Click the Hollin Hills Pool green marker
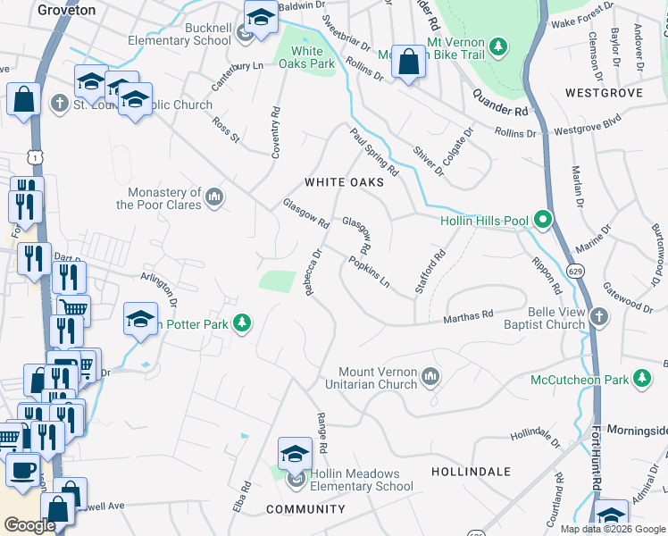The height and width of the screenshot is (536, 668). (542, 220)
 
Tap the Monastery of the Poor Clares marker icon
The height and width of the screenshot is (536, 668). (214, 197)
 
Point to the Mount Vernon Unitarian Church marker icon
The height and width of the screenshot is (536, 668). (431, 377)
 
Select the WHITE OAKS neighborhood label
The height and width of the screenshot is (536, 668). (344, 182)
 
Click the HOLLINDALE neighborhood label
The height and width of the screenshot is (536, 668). (471, 471)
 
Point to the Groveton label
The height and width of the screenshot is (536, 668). (67, 9)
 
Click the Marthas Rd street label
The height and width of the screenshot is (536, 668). (469, 316)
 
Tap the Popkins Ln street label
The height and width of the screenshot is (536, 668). (370, 272)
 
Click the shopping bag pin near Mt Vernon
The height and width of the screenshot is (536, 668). (408, 63)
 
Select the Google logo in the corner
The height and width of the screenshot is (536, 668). (29, 525)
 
